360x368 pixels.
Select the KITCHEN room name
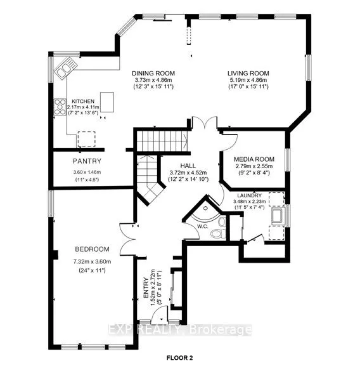82,101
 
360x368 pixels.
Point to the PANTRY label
87,161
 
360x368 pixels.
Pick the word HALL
170,163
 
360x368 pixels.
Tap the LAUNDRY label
249,195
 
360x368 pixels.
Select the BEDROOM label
93,249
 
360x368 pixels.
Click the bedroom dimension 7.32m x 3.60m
93,261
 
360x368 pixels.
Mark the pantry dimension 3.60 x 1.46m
87,171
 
